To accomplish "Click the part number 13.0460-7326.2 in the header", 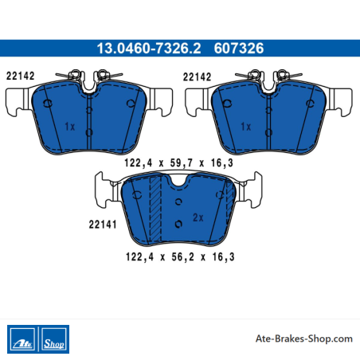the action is tap(149, 49).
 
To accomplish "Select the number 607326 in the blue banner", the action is tap(239, 49).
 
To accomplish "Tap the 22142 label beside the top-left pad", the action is tap(21, 76).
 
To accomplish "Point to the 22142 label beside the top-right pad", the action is tap(197, 77).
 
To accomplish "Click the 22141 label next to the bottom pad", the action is tap(103, 225).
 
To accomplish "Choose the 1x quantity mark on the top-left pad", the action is tap(70, 127).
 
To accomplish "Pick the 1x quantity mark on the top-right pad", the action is tap(246, 127).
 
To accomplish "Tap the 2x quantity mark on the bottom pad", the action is tap(198, 217).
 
